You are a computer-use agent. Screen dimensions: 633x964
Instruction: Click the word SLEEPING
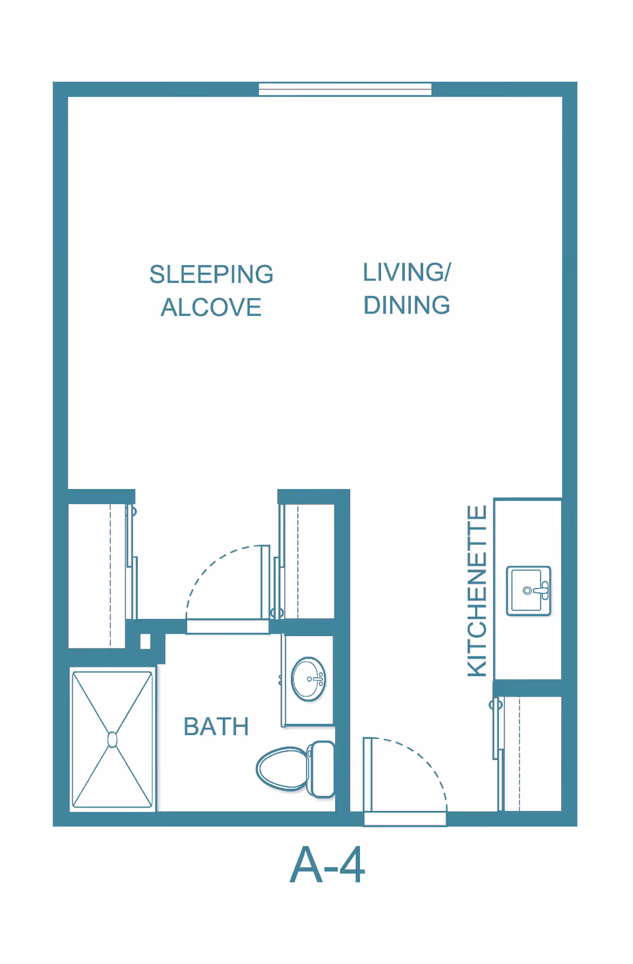pos(211,274)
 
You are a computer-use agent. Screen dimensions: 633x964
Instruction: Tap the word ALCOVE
pos(211,307)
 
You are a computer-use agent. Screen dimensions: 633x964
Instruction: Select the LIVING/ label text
pos(407,273)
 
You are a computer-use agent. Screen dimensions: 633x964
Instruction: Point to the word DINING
pos(407,305)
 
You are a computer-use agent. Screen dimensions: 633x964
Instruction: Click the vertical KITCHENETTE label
pos(477,591)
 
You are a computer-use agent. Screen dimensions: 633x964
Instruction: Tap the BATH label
pos(216,726)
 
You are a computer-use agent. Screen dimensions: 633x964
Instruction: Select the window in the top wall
pos(345,89)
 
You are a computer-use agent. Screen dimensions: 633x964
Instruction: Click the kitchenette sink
pos(529,591)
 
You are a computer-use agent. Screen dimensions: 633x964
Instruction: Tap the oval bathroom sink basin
pos(309,679)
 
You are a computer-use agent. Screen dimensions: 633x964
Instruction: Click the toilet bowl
pos(282,769)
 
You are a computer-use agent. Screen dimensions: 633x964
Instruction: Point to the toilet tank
pos(321,769)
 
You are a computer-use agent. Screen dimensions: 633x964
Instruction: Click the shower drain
pos(112,740)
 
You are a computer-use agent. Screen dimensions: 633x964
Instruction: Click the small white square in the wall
pos(145,641)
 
